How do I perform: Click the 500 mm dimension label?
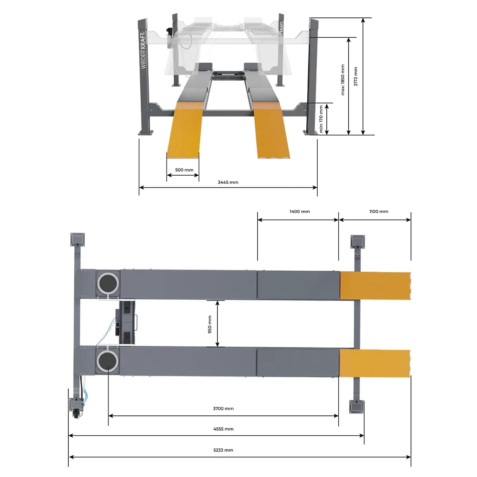(x=184, y=170)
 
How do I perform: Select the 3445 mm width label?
(x=228, y=182)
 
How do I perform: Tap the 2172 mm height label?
(x=355, y=76)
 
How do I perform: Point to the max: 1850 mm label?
(x=343, y=80)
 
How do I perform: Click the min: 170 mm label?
(x=321, y=119)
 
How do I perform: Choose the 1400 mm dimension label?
(x=300, y=211)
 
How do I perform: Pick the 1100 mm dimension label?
(x=378, y=211)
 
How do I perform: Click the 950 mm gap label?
(x=209, y=324)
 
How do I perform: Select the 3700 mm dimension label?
(x=223, y=409)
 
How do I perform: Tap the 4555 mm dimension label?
(x=223, y=429)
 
